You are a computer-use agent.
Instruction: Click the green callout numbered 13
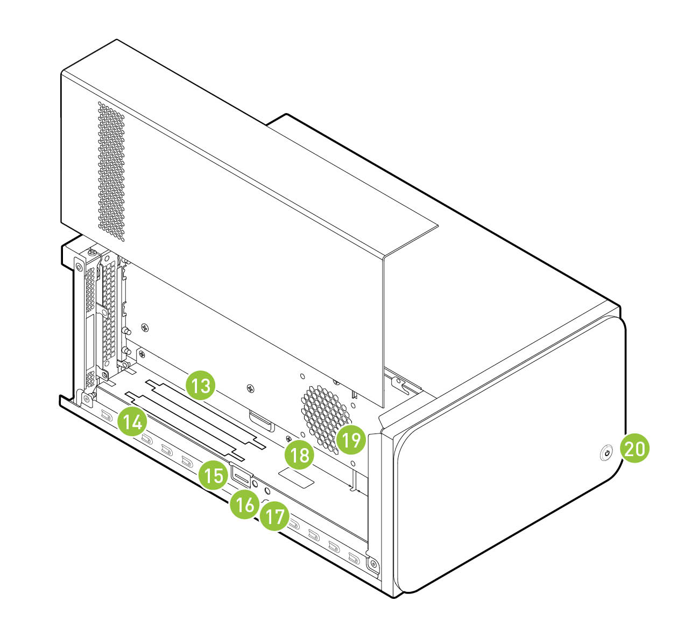pyautogui.click(x=200, y=386)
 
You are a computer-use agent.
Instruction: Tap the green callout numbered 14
pyautogui.click(x=132, y=422)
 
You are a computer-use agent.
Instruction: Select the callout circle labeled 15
pyautogui.click(x=213, y=475)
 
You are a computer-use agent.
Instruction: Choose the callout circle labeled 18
pyautogui.click(x=299, y=455)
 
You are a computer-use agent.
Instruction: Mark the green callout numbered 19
pyautogui.click(x=351, y=439)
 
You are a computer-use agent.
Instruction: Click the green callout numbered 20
pyautogui.click(x=634, y=448)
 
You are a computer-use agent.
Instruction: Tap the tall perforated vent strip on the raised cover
pyautogui.click(x=111, y=171)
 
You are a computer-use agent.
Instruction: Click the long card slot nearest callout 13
pyautogui.click(x=206, y=414)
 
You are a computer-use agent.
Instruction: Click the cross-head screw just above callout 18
pyautogui.click(x=289, y=438)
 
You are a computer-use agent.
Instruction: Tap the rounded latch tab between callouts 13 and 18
pyautogui.click(x=262, y=421)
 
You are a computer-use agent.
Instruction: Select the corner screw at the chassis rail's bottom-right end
pyautogui.click(x=373, y=564)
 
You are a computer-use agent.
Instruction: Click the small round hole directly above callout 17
pyautogui.click(x=267, y=491)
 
